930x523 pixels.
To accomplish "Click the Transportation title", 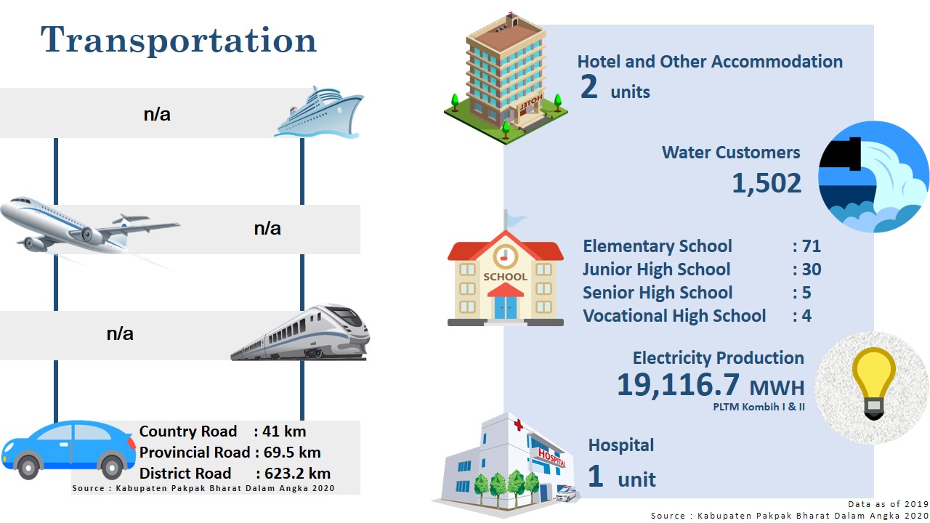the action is [x=179, y=40].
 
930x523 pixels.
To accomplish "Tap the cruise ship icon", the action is [x=319, y=113].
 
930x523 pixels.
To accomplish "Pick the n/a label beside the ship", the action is [x=157, y=114].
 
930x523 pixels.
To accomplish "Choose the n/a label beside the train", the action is [x=120, y=333].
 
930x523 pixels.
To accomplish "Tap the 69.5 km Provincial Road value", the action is [x=292, y=452].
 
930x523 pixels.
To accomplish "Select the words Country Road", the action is [x=188, y=431].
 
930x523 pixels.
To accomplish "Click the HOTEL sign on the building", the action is [x=531, y=102].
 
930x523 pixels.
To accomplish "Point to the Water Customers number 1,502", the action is [x=767, y=183].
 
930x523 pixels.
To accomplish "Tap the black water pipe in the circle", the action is [x=841, y=154].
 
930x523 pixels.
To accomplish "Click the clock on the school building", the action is [x=505, y=256].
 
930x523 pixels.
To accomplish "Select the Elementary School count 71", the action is [x=812, y=246].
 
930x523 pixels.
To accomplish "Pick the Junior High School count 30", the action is [x=812, y=269].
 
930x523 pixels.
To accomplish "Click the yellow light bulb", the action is [x=873, y=383].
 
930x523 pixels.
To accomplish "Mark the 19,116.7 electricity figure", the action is [x=679, y=384].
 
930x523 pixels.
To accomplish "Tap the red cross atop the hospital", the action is [x=518, y=425].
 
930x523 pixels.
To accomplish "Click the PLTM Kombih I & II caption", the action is [x=759, y=407].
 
